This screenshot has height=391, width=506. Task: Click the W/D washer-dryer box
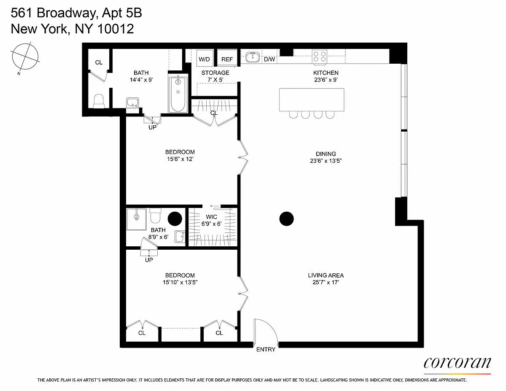pyautogui.click(x=204, y=57)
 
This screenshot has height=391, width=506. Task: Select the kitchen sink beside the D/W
pyautogui.click(x=253, y=57)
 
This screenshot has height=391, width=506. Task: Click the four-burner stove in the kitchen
pyautogui.click(x=320, y=57)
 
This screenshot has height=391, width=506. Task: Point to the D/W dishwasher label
pyautogui.click(x=269, y=59)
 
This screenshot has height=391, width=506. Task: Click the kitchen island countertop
pyautogui.click(x=312, y=100)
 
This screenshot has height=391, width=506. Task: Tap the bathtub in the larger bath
pyautogui.click(x=178, y=94)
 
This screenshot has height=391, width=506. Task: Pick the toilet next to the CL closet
pyautogui.click(x=99, y=101)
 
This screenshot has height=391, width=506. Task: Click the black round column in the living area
pyautogui.click(x=286, y=218)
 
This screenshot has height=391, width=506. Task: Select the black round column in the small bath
pyautogui.click(x=175, y=218)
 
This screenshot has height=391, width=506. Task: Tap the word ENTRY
pyautogui.click(x=266, y=349)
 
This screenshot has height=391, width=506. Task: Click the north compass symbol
pyautogui.click(x=25, y=57)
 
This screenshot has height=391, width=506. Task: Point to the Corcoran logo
pyautogui.click(x=458, y=364)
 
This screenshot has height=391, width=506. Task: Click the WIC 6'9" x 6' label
pyautogui.click(x=211, y=220)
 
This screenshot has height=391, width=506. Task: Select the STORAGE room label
pyautogui.click(x=215, y=73)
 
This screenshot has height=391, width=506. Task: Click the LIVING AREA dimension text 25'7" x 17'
pyautogui.click(x=326, y=283)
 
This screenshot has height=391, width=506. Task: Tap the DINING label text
pyautogui.click(x=326, y=154)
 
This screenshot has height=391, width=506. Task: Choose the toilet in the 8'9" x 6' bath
pyautogui.click(x=155, y=216)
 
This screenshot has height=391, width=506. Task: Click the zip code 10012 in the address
pyautogui.click(x=116, y=29)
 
